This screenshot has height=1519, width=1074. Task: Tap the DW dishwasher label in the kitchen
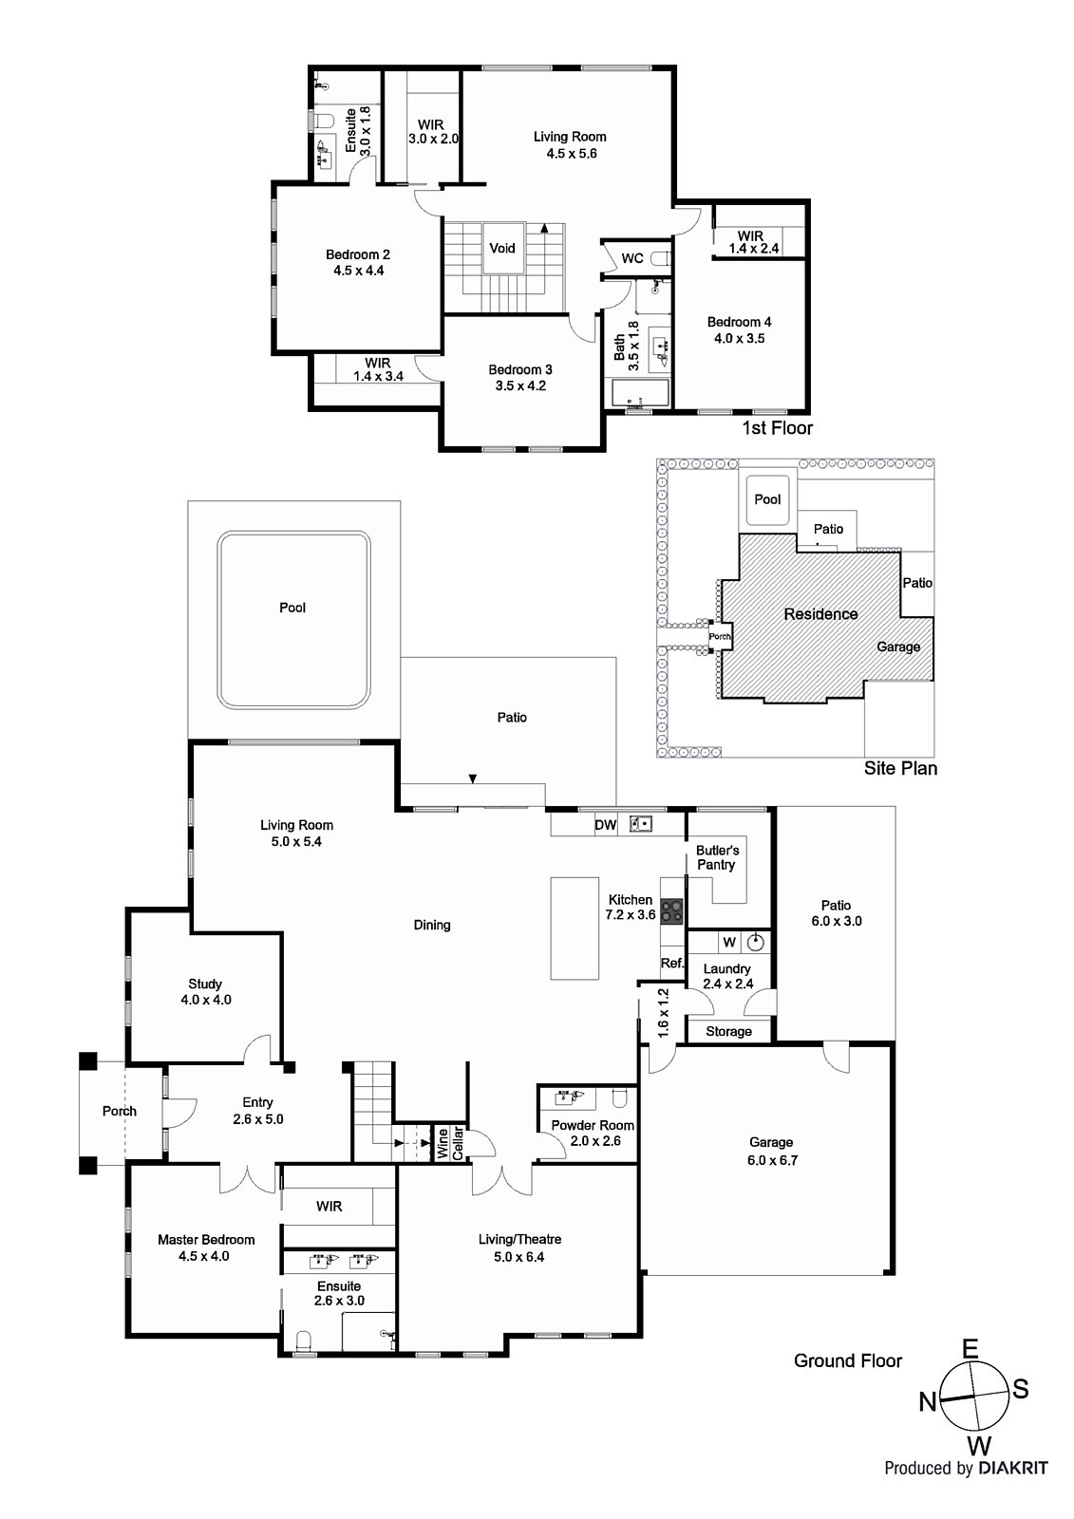click(x=605, y=825)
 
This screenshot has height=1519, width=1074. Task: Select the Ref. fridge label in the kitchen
click(x=672, y=963)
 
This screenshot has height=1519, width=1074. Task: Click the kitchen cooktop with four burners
click(x=672, y=911)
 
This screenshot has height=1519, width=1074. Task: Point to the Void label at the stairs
click(x=502, y=248)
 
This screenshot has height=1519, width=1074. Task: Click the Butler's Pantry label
click(x=717, y=857)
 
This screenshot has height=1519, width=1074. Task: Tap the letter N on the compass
click(x=928, y=1401)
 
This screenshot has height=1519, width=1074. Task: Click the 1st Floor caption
click(x=777, y=428)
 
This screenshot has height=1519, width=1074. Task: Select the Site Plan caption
click(x=899, y=768)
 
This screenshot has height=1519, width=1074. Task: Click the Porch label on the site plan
click(x=720, y=637)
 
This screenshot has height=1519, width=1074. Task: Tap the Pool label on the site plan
click(x=767, y=499)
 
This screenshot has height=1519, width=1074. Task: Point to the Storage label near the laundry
click(x=728, y=1031)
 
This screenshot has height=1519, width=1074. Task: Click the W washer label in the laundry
click(x=728, y=943)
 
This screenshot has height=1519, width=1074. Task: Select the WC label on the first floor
click(x=632, y=258)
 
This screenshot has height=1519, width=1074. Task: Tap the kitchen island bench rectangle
click(x=575, y=928)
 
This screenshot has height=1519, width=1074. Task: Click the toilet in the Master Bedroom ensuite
click(x=304, y=1341)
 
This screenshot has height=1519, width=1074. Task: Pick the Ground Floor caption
click(x=847, y=1360)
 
